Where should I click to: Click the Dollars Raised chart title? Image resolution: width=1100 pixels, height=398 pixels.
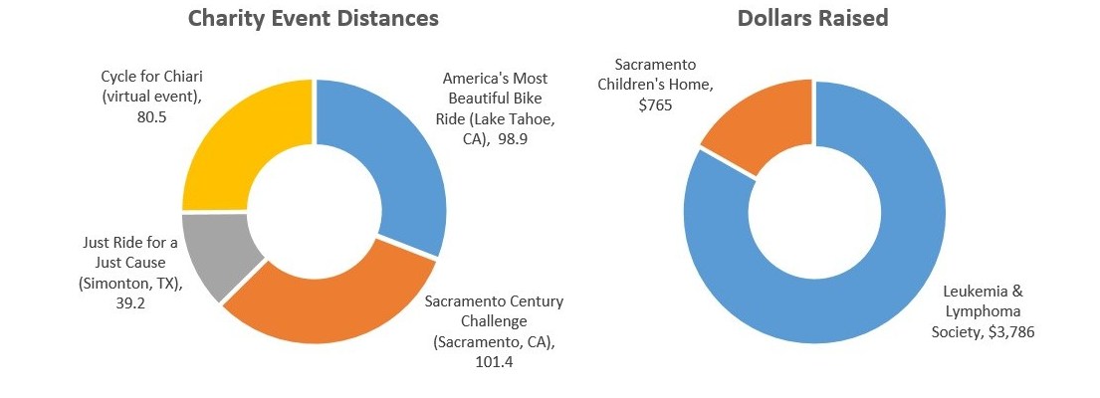(x=814, y=19)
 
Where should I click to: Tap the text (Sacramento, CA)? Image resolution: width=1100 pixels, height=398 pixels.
(x=492, y=342)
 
